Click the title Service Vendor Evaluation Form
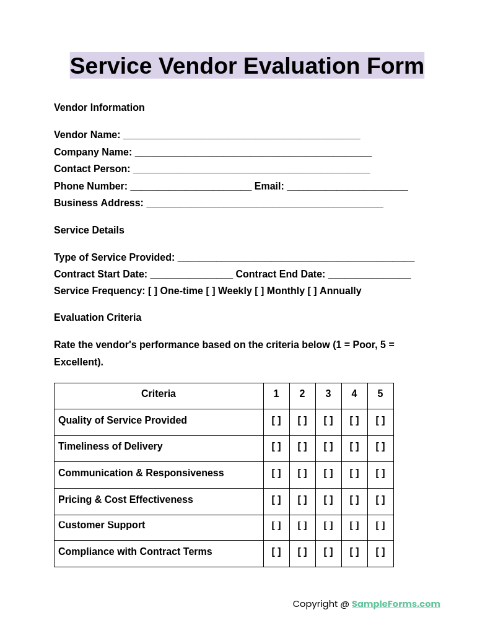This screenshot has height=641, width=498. (x=247, y=66)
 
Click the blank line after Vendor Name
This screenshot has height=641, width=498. (x=242, y=136)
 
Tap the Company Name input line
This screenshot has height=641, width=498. (x=253, y=153)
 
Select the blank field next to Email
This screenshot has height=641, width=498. (x=347, y=187)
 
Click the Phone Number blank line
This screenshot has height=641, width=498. (x=191, y=187)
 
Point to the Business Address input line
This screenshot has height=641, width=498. (x=264, y=204)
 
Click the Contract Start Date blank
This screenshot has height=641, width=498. (x=191, y=275)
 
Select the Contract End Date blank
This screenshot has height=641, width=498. (x=369, y=275)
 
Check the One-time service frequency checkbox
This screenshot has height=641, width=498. (x=152, y=291)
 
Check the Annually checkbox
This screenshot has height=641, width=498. (x=312, y=291)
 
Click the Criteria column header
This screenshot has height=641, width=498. (x=159, y=394)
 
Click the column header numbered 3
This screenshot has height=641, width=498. (x=328, y=394)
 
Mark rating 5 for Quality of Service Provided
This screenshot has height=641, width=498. (x=380, y=421)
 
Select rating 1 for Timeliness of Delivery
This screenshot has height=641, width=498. (x=276, y=447)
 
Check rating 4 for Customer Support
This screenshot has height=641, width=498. (x=354, y=526)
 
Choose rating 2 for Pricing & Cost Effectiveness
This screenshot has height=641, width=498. (x=302, y=500)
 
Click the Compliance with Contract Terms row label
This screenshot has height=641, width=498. (x=135, y=552)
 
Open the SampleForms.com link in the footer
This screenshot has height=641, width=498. (x=396, y=604)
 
